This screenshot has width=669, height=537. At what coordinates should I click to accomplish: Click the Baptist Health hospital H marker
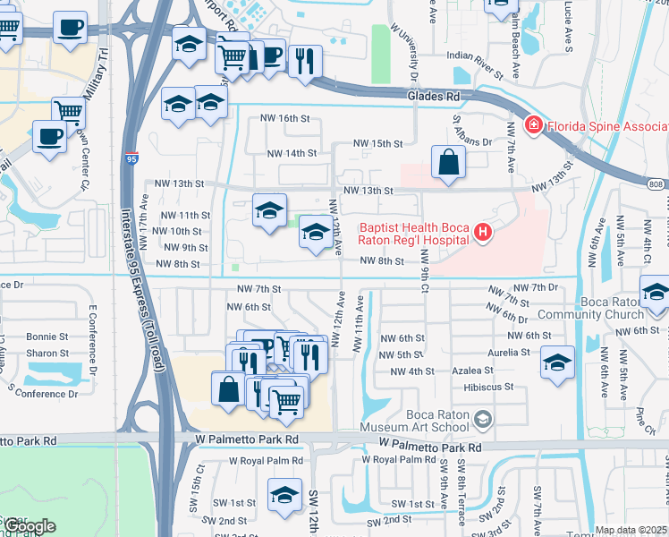[483, 233]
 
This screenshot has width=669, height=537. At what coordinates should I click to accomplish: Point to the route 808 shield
[656, 184]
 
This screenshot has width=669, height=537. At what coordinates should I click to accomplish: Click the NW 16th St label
[284, 118]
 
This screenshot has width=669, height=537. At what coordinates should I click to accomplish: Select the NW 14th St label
[292, 153]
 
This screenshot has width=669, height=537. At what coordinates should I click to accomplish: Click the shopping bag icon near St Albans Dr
[447, 163]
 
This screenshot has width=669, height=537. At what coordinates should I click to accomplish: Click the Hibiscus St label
[488, 388]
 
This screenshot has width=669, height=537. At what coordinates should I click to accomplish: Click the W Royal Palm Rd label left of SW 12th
[267, 460]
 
